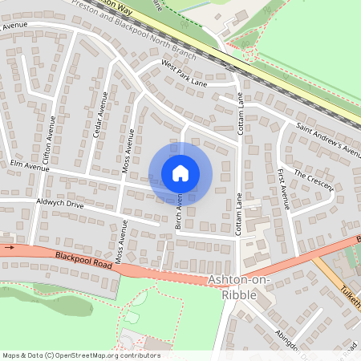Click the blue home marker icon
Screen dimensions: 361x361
[180, 173]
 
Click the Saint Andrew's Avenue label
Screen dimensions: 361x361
[330, 139]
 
